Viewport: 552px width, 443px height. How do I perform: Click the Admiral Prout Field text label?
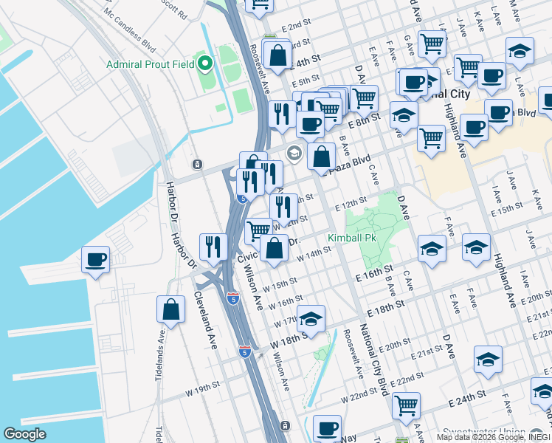(x=150, y=64)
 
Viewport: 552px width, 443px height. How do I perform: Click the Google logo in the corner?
(x=24, y=434)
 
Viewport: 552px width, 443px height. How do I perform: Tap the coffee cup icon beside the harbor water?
(x=96, y=260)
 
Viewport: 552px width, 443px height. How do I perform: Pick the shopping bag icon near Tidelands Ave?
(x=170, y=309)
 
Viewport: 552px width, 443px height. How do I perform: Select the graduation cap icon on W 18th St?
(x=311, y=319)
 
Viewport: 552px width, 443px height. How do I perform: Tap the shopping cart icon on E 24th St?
(x=406, y=405)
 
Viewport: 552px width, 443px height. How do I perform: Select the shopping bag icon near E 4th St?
(x=277, y=55)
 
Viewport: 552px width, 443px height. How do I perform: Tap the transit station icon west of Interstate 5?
(x=196, y=164)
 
